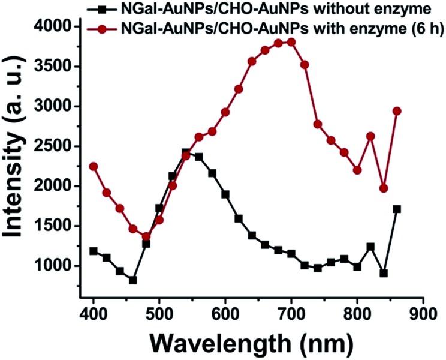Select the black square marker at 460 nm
click(x=133, y=280)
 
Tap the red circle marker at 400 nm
click(x=94, y=166)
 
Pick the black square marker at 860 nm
click(x=397, y=209)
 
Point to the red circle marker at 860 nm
click(x=397, y=111)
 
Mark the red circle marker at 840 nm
click(x=384, y=188)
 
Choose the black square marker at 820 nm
click(x=370, y=247)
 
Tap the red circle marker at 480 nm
click(x=146, y=236)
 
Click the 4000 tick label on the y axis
click(x=59, y=27)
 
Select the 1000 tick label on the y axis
click(x=59, y=266)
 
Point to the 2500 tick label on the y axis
click(x=59, y=146)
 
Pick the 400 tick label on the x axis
click(x=94, y=313)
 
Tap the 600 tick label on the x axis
click(x=225, y=313)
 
